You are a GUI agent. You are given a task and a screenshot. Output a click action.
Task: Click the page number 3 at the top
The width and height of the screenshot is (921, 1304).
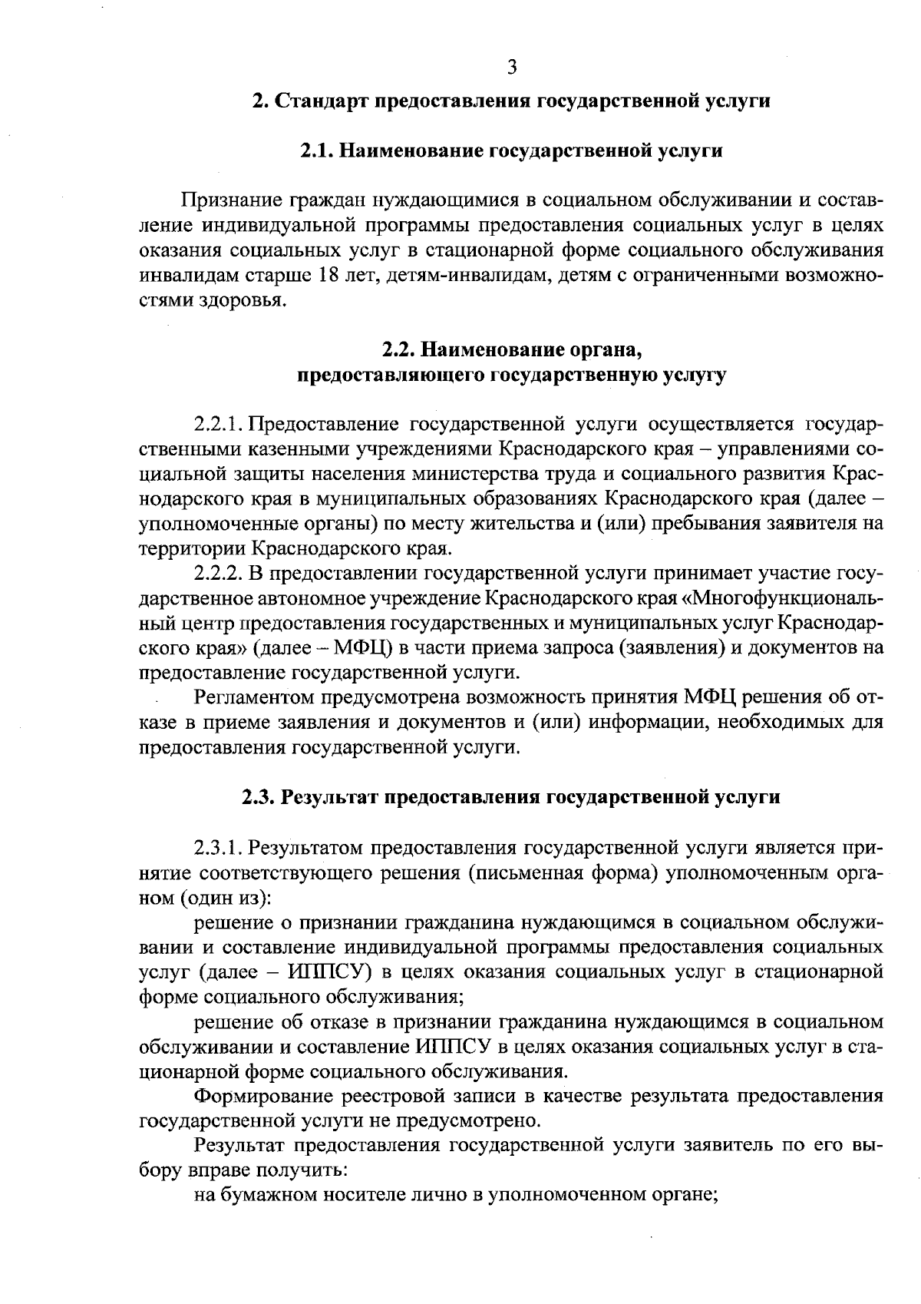pyautogui.click(x=512, y=67)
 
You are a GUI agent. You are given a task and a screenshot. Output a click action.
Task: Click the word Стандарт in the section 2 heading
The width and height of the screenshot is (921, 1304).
pyautogui.click(x=321, y=101)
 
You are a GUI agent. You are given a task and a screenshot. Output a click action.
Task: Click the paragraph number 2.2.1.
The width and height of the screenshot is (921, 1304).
pyautogui.click(x=219, y=425)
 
